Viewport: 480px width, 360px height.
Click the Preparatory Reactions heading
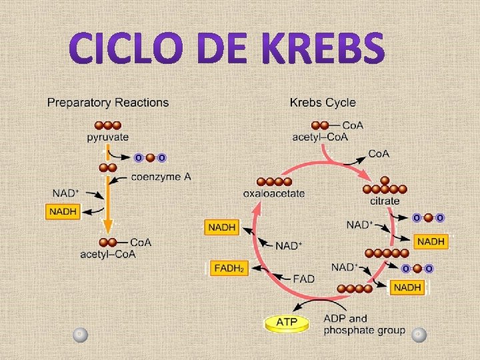(x=107, y=103)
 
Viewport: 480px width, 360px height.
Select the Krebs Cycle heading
(x=323, y=103)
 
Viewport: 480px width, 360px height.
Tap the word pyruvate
(x=107, y=137)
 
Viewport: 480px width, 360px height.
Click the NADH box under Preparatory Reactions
(x=63, y=212)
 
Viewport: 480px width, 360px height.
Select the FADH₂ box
(x=228, y=269)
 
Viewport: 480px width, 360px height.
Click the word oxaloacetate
(x=274, y=193)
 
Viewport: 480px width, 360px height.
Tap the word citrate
(x=384, y=201)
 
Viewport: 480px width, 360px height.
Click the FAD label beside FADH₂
(x=303, y=278)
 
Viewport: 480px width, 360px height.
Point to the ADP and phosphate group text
(x=363, y=324)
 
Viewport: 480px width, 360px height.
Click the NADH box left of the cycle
(x=222, y=227)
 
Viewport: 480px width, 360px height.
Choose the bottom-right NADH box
(x=407, y=287)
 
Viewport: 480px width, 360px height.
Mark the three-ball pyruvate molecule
(x=107, y=125)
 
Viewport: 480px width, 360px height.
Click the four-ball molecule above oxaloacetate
(x=274, y=181)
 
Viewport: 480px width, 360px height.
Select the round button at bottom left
(x=79, y=333)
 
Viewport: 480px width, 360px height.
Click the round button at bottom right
(x=418, y=334)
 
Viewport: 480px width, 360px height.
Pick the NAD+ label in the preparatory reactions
(x=66, y=193)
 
